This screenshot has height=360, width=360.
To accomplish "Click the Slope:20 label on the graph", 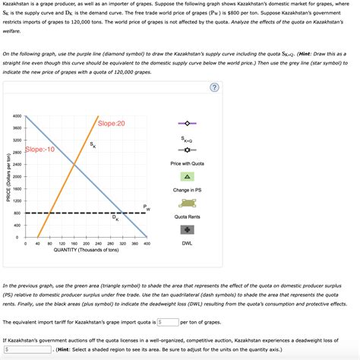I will [x=111, y=124].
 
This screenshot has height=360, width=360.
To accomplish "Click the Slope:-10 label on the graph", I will [x=40, y=150].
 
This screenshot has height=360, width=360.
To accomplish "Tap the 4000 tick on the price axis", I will [x=17, y=116].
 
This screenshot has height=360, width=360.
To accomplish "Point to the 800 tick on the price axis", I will [x=17, y=213].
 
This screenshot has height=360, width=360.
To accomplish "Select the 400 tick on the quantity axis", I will [x=147, y=244].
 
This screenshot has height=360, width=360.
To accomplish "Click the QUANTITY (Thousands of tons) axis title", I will [x=86, y=250].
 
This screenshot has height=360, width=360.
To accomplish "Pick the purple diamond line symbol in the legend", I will [x=187, y=122].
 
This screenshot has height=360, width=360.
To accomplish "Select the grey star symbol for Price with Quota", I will [x=187, y=149].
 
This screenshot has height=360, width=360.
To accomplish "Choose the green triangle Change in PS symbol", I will [x=187, y=175].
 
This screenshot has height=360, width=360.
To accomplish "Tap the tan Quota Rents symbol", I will [x=187, y=202].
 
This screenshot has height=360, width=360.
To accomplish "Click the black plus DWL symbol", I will [x=187, y=229].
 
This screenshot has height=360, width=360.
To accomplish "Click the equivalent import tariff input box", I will [x=168, y=322].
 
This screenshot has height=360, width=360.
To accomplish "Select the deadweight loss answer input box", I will [x=27, y=350].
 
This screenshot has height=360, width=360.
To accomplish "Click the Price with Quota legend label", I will [x=187, y=163].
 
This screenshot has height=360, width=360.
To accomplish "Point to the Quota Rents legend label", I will [x=187, y=216].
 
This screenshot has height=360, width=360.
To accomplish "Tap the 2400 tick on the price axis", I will [x=17, y=165].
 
